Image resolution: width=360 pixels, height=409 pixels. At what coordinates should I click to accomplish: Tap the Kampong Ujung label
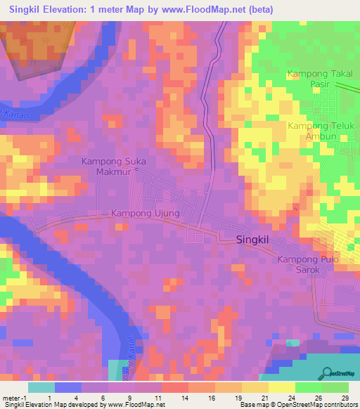click(146, 213)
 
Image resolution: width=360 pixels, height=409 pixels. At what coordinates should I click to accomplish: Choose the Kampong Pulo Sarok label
click(308, 265)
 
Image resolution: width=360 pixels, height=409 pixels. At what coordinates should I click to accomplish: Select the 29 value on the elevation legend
click(344, 397)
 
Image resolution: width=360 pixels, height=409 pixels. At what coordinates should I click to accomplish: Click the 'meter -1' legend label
click(15, 397)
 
